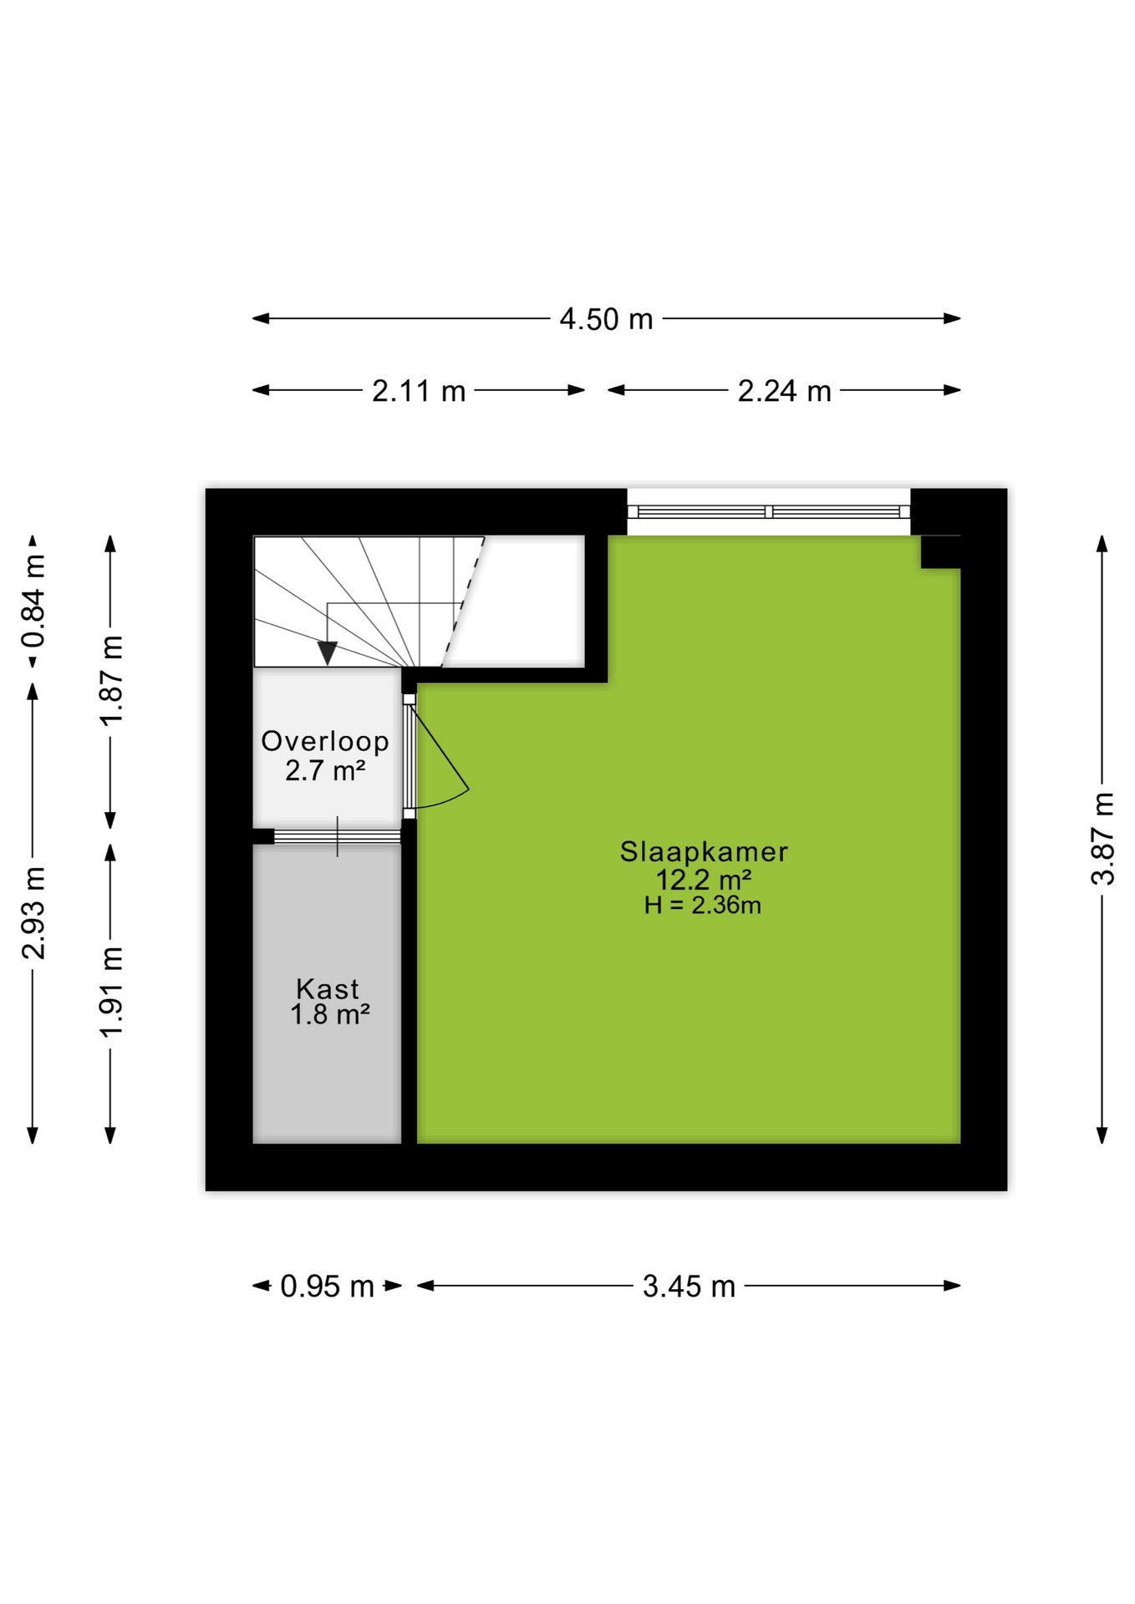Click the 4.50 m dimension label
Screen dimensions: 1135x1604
[x=606, y=319]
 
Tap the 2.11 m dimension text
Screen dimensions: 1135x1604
[x=419, y=391]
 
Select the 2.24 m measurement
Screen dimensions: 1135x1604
[x=784, y=391]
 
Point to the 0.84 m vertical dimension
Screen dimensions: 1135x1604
[x=34, y=601]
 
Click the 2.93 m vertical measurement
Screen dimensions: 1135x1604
[x=34, y=912]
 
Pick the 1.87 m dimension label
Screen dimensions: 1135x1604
[x=111, y=680]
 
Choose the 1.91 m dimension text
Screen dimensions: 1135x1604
[x=111, y=992]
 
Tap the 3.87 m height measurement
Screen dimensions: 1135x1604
[x=1103, y=839]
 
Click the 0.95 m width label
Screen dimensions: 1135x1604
[x=327, y=1286]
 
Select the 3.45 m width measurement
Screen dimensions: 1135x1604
[x=689, y=1286]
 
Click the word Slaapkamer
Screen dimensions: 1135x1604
[x=704, y=851]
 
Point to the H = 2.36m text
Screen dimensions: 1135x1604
[x=703, y=906]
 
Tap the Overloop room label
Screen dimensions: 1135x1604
[x=325, y=741]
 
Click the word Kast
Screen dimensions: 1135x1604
[x=328, y=988]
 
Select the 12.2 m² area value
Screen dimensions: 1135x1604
[x=704, y=880]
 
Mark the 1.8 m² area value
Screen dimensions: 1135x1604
[x=330, y=1015]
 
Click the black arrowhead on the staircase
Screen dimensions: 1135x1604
[x=328, y=652]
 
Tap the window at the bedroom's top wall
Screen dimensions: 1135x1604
[x=769, y=511]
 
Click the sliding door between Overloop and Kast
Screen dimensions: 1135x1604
[x=338, y=836]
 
